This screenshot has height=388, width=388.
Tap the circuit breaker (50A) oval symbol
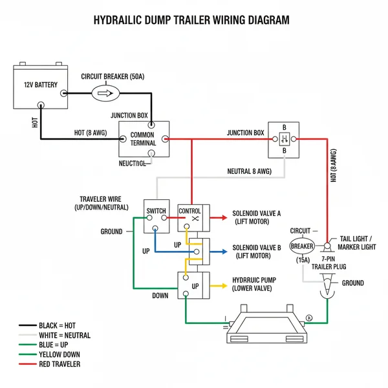[105, 93]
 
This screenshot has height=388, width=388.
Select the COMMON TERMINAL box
[143, 138]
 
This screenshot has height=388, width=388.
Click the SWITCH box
[156, 215]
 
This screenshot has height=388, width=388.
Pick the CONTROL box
[189, 215]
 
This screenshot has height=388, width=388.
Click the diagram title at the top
[192, 20]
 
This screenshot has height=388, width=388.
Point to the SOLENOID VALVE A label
[257, 217]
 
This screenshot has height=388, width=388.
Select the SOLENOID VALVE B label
[257, 252]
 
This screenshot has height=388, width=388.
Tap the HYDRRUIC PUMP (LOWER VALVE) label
[257, 284]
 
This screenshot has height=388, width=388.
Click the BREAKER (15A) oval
[301, 246]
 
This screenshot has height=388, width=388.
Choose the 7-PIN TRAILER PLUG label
[330, 263]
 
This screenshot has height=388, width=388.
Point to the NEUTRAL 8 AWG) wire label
[249, 171]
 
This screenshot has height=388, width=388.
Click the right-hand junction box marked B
[284, 140]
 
